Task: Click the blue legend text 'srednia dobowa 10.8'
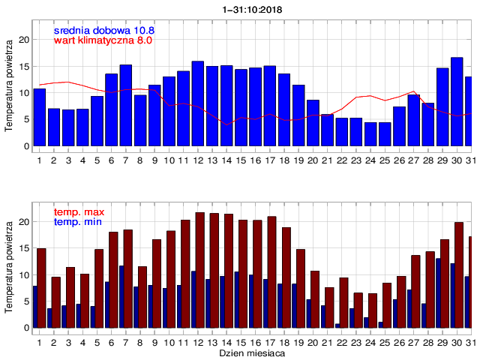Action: point(103,30)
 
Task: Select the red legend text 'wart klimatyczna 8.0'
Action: point(103,40)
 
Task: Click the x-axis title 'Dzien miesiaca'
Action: point(251,352)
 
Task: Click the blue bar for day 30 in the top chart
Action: point(457,102)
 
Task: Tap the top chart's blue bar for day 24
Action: point(370,134)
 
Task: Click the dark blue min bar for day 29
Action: point(439,292)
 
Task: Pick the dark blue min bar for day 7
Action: point(121,296)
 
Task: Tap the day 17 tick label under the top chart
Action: point(270,160)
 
